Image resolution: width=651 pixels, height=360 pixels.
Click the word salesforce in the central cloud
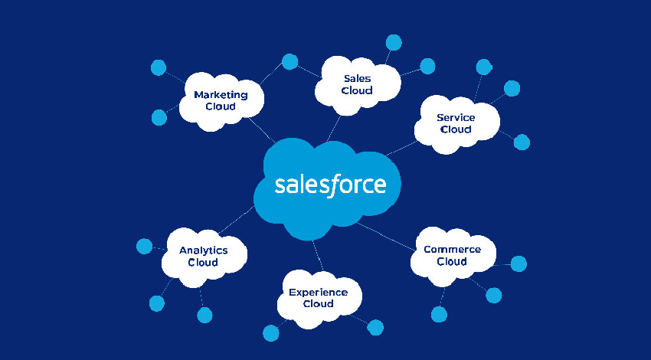pos(330,185)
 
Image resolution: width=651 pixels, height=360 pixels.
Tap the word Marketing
pos(221,95)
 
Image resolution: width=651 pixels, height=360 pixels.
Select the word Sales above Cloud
pos(358,78)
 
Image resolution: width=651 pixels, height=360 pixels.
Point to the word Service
pos(456,117)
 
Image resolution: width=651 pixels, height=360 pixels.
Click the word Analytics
pos(203,250)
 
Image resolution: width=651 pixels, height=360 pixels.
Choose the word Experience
pos(318,292)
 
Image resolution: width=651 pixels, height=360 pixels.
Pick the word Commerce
pos(452,249)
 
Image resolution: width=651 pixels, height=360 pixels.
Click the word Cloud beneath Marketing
pos(221,107)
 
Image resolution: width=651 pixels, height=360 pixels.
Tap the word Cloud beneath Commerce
pos(452,261)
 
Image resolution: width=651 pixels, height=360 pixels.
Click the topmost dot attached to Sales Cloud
pos(394,41)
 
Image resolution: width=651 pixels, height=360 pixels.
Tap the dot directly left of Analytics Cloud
pos(144,246)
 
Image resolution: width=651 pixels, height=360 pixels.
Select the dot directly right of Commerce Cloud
pos(519,264)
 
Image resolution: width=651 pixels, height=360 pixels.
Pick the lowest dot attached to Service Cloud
pos(522,142)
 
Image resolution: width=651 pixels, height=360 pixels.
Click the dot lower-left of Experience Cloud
pos(270,332)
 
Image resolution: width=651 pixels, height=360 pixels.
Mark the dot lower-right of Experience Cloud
pos(375,328)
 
